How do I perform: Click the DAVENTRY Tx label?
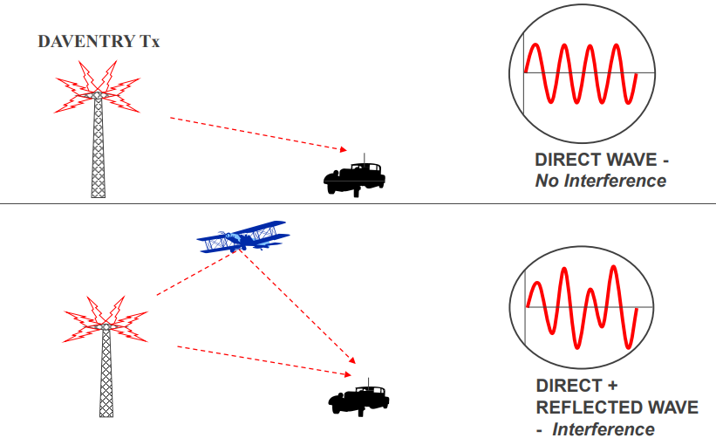(x=99, y=42)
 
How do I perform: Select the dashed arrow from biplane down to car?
(x=301, y=310)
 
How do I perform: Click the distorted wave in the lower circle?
(x=582, y=306)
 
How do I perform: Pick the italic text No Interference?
(x=600, y=181)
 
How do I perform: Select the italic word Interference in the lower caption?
(x=603, y=428)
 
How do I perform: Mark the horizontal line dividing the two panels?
(x=358, y=204)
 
